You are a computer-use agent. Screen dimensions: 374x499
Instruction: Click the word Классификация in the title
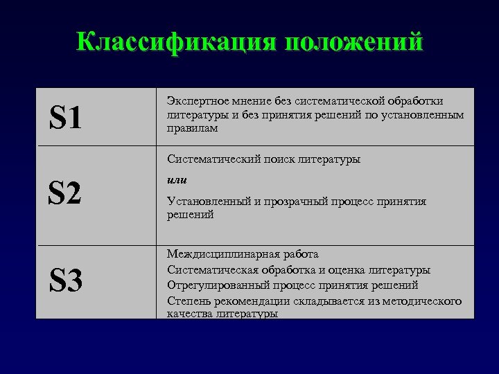tap(175, 42)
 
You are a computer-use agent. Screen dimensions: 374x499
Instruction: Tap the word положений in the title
tap(351, 42)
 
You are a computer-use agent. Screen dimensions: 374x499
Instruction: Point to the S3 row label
tap(65, 280)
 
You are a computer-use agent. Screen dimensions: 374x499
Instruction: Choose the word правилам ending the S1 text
tap(192, 128)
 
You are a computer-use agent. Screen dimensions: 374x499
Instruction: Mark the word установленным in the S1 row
tap(427, 115)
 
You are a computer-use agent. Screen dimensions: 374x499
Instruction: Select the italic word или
tap(176, 180)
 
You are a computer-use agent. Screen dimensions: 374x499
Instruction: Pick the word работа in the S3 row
tap(299, 255)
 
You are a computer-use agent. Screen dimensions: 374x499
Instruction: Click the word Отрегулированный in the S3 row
tap(210, 285)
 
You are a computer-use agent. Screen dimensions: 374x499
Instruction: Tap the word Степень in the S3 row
tap(187, 300)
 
